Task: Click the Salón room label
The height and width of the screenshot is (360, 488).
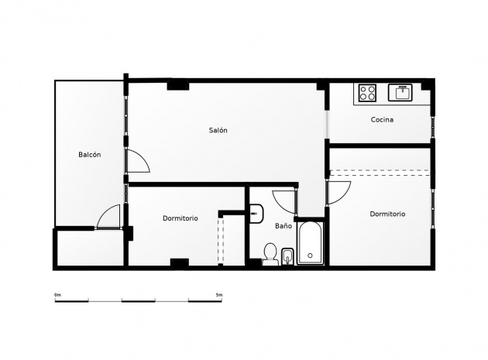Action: pyautogui.click(x=218, y=130)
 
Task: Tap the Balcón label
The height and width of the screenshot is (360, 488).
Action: pyautogui.click(x=90, y=154)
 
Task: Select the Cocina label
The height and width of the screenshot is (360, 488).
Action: pyautogui.click(x=382, y=119)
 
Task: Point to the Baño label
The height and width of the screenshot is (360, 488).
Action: pyautogui.click(x=284, y=225)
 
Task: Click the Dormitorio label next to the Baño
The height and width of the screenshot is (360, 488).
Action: pyautogui.click(x=180, y=218)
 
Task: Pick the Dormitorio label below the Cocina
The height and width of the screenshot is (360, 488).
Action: pyautogui.click(x=387, y=214)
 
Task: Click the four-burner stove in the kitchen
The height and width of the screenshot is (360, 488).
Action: pyautogui.click(x=367, y=93)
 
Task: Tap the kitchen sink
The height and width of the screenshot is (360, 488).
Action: pyautogui.click(x=400, y=92)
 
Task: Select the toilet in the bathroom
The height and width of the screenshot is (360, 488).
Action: pyautogui.click(x=270, y=255)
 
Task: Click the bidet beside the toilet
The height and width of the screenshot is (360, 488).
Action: pyautogui.click(x=287, y=257)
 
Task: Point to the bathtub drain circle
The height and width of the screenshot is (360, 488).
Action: pyautogui.click(x=310, y=255)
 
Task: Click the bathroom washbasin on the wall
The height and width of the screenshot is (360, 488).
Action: pyautogui.click(x=256, y=214)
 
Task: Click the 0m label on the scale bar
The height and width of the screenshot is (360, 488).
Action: pyautogui.click(x=57, y=295)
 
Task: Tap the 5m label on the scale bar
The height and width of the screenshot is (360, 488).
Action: pyautogui.click(x=219, y=295)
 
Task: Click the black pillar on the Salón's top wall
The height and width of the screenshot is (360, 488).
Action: pyautogui.click(x=178, y=85)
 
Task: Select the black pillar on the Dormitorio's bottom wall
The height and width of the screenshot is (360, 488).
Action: pyautogui.click(x=180, y=263)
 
